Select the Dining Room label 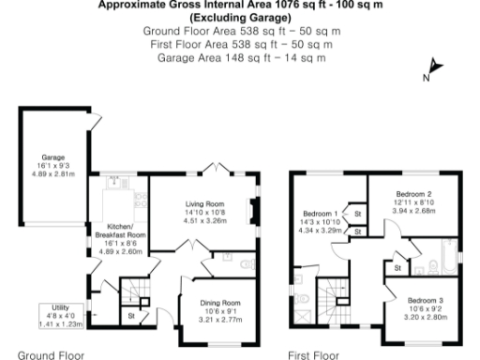[x=218, y=304]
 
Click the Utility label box [x=58, y=312]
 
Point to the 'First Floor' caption [x=312, y=353]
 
